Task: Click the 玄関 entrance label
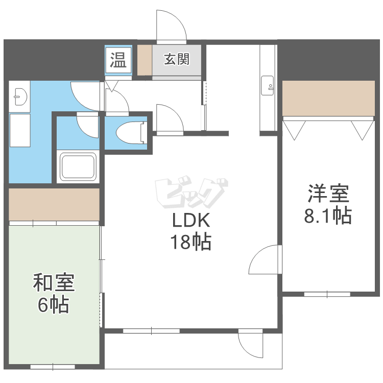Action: click(177, 60)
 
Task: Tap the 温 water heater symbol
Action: click(118, 60)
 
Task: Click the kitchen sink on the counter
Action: click(267, 86)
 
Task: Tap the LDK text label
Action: click(190, 221)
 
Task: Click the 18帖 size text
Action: click(190, 243)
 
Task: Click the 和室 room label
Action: click(54, 282)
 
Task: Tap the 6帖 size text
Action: click(54, 305)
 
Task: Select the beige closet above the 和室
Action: click(54, 204)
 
